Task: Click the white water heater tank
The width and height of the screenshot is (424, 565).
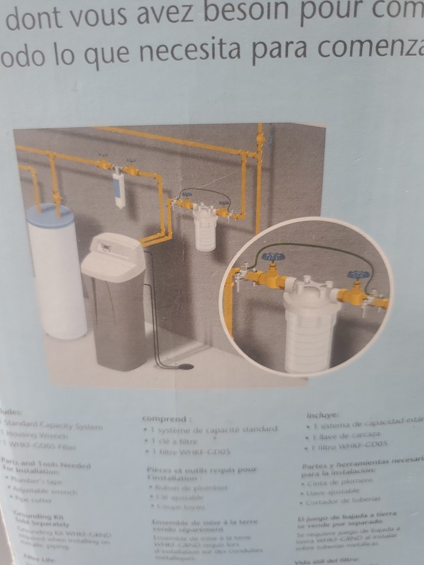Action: (57, 277)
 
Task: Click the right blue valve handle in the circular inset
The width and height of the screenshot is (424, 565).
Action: (358, 275)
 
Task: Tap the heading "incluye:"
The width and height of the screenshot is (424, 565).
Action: (323, 414)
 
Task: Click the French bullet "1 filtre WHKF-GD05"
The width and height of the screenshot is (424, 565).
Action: (189, 451)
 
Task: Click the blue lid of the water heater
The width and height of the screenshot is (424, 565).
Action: (51, 215)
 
